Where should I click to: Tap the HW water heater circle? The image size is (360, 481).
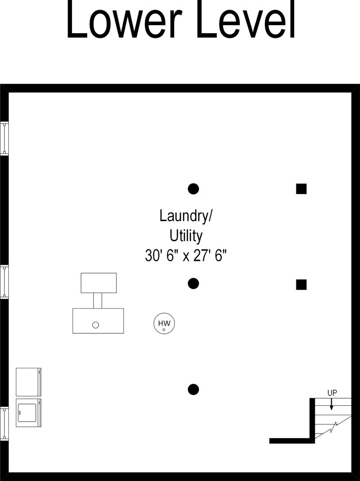[x=164, y=324]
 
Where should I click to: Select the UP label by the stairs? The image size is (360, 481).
[x=332, y=393]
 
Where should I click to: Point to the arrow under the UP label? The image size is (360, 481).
[x=332, y=404]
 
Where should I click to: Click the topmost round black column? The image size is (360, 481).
[x=193, y=189]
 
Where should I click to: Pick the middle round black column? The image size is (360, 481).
[x=193, y=284]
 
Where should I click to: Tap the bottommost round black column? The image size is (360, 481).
[x=193, y=389]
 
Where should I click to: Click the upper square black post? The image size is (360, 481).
[x=301, y=189]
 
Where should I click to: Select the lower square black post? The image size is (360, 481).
[x=301, y=284]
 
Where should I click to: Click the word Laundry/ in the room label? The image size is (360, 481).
[x=186, y=216]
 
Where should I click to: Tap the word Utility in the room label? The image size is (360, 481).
[x=186, y=236]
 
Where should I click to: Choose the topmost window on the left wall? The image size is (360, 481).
[x=4, y=138]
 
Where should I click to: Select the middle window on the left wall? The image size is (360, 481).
[x=4, y=282]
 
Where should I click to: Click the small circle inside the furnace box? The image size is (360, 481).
[x=96, y=325]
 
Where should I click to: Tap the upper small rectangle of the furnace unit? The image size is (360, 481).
[x=99, y=282]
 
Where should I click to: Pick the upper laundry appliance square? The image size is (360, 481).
[x=28, y=382]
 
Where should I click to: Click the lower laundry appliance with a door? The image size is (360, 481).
[x=28, y=412]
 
